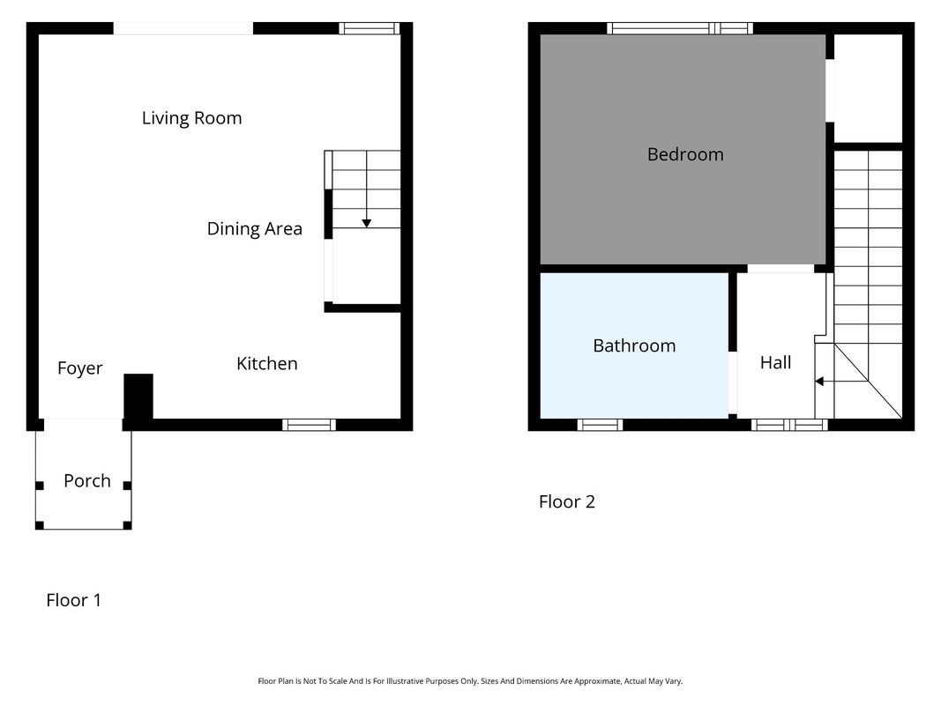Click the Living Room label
[191, 118]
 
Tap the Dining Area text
[255, 228]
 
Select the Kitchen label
[267, 363]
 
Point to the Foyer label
[80, 368]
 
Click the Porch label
[87, 481]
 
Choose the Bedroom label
[685, 155]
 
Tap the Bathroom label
[634, 345]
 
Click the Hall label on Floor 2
[775, 362]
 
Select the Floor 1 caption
[74, 600]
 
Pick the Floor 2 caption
[567, 501]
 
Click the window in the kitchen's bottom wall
[309, 425]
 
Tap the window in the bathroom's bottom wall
[600, 425]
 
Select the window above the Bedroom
[680, 28]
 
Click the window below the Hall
[790, 425]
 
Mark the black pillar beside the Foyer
[138, 397]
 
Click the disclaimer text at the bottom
[471, 681]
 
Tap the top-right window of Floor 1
[369, 28]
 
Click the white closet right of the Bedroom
[869, 89]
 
